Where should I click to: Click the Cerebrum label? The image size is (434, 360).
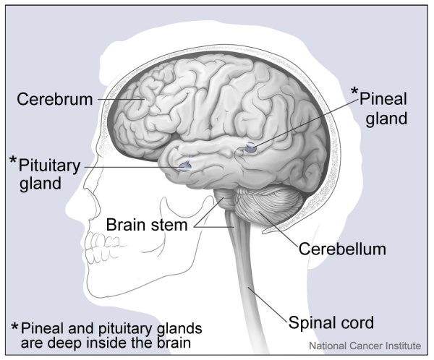pyautogui.click(x=55, y=99)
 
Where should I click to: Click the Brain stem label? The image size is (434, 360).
pyautogui.click(x=147, y=225)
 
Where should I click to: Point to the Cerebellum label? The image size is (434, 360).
pyautogui.click(x=342, y=249)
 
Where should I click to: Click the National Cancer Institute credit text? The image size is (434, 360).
pyautogui.click(x=365, y=347)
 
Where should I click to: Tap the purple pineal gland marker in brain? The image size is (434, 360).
pyautogui.click(x=251, y=148)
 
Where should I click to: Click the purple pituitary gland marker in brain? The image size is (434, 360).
pyautogui.click(x=185, y=166)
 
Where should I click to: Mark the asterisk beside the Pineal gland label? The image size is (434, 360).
pyautogui.click(x=354, y=92)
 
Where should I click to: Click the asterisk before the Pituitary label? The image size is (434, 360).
pyautogui.click(x=13, y=160)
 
